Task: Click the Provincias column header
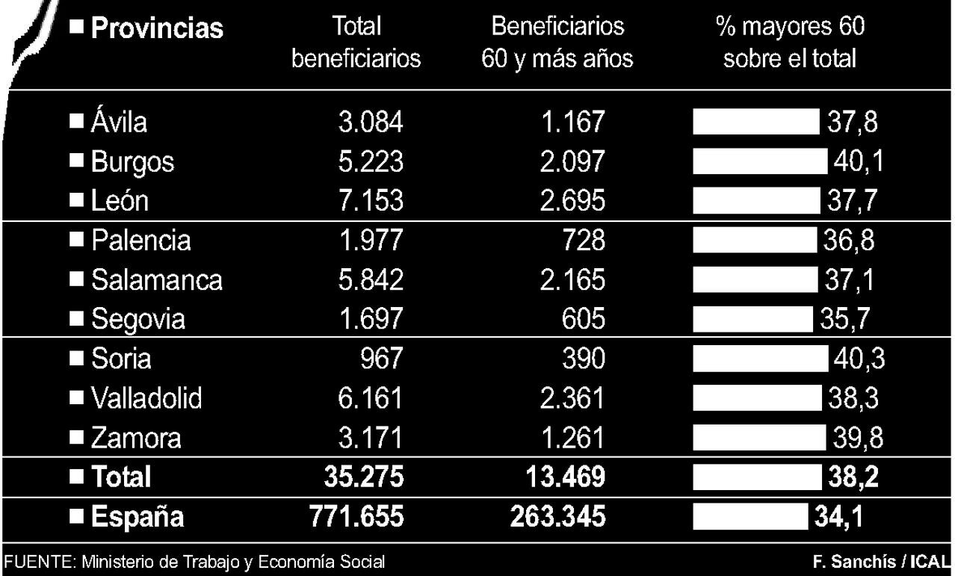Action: [x=156, y=28]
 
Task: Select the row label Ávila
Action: [x=119, y=122]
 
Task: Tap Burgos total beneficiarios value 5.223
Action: [x=370, y=161]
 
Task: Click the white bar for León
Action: [x=755, y=201]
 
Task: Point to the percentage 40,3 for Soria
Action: [x=858, y=359]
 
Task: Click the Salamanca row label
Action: [x=156, y=279]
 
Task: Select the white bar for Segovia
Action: [x=752, y=319]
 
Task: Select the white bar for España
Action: [x=750, y=517]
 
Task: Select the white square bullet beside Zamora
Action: [x=75, y=436]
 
